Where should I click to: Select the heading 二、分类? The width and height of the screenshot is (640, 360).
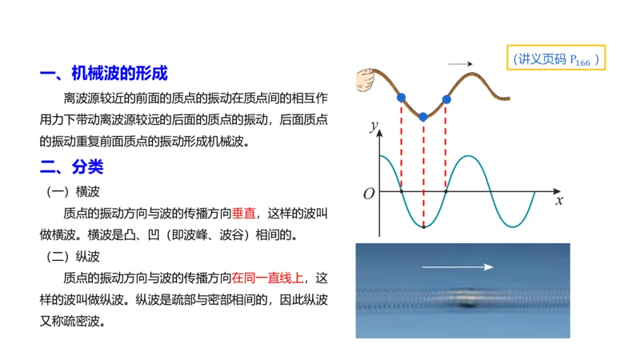(71, 169)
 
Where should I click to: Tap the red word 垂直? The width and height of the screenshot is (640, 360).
(244, 214)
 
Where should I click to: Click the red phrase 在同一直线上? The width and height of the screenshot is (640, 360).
(269, 279)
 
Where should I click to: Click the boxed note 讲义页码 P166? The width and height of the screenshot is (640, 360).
(557, 59)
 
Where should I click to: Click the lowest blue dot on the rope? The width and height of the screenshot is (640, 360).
(424, 117)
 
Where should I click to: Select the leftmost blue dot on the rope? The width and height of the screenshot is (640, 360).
(401, 98)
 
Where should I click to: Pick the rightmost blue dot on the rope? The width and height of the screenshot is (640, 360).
(446, 100)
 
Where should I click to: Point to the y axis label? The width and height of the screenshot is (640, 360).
(373, 126)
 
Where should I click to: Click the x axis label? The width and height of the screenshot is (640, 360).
(559, 201)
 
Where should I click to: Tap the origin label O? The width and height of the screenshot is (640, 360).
(369, 194)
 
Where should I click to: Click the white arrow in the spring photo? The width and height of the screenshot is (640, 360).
(458, 267)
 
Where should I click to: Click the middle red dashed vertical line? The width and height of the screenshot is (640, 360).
(424, 172)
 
